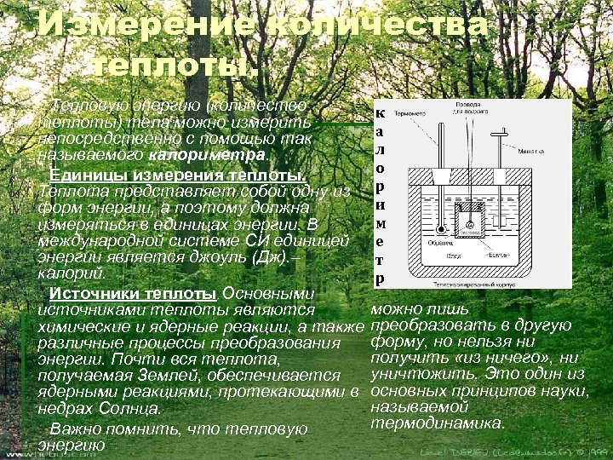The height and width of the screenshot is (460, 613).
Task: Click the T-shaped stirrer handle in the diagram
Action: tap(504, 130)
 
